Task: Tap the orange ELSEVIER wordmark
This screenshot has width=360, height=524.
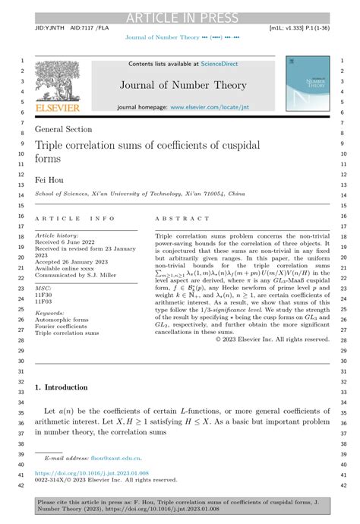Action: (58, 109)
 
